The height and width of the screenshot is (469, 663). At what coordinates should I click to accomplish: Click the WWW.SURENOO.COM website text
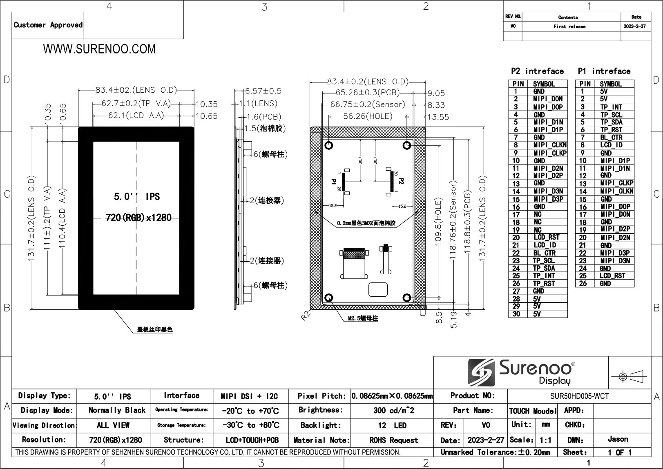coord(99,49)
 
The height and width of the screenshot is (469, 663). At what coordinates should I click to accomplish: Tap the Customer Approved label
coord(48,25)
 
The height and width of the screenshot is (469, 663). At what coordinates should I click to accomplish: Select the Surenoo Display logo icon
coord(481,372)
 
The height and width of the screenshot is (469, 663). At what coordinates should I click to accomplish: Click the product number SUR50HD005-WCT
coord(579,396)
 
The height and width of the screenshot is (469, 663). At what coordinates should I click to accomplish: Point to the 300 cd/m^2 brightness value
coord(394,411)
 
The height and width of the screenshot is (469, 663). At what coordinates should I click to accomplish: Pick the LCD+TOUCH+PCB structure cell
coord(252,440)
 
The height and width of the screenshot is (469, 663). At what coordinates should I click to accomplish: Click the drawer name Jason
coord(618,439)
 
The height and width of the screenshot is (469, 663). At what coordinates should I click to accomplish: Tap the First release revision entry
coord(569,27)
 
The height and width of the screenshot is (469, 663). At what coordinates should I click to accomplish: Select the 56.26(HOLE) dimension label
coord(368,116)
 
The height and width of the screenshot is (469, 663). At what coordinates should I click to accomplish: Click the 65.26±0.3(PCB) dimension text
coord(368,93)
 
